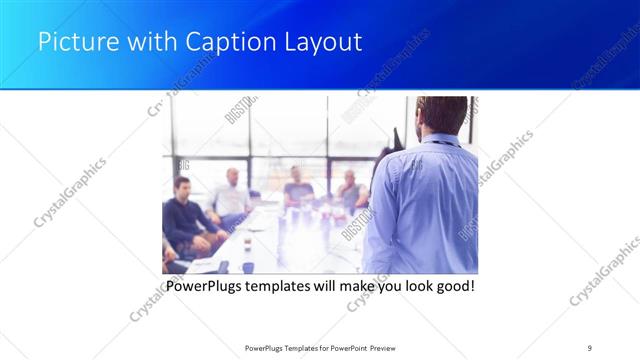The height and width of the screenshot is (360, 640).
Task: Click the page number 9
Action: click(x=590, y=347)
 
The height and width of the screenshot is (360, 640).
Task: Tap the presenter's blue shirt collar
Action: click(x=440, y=143)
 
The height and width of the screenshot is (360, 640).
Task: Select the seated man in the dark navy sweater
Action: click(x=184, y=215)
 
